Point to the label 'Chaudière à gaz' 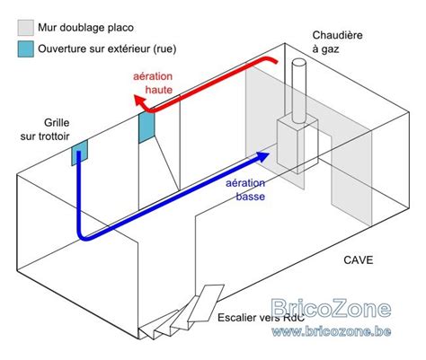point(336,42)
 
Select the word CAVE point(358,261)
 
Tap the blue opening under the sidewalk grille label point(79,153)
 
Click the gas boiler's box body point(293,144)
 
